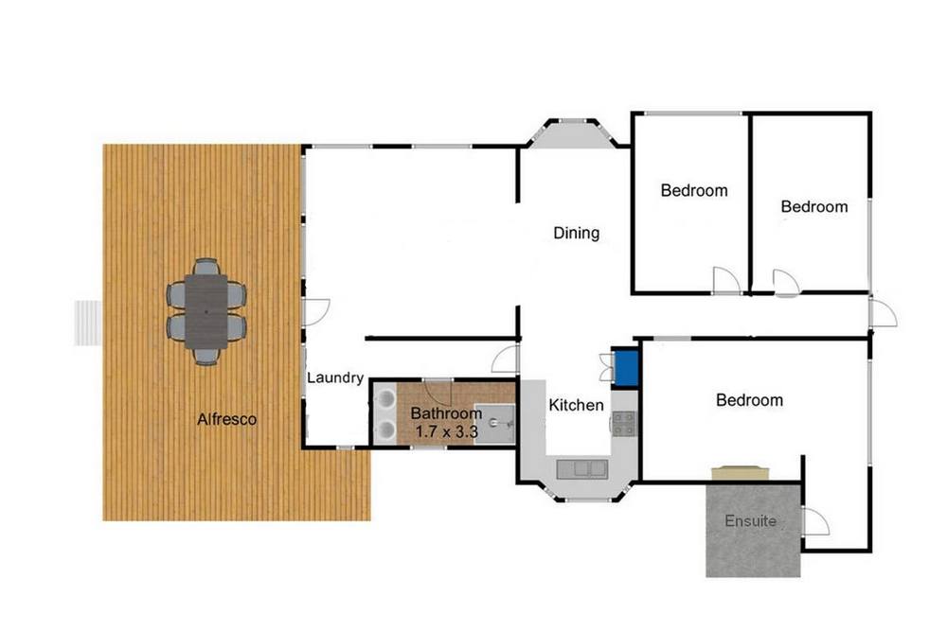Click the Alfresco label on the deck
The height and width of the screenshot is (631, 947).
[226, 419]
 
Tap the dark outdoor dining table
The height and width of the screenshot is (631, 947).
[205, 311]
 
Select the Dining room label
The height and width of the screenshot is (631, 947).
[576, 233]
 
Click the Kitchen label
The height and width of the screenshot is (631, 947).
[576, 405]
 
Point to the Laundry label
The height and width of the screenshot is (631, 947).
[335, 377]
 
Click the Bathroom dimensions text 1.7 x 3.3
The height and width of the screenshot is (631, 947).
[447, 432]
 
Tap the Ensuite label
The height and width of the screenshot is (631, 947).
[750, 520]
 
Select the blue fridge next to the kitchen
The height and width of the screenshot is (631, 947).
[626, 366]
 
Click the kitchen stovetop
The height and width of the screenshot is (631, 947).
[624, 423]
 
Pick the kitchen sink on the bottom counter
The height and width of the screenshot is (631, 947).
[582, 468]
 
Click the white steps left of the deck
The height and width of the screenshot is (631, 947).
[88, 323]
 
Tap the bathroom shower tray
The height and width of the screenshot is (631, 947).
[494, 424]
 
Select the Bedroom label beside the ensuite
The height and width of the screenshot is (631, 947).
[749, 400]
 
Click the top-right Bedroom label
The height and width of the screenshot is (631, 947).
[814, 207]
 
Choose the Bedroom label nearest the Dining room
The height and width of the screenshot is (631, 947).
[694, 191]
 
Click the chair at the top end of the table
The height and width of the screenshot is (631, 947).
[205, 267]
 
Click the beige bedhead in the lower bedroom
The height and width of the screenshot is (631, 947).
[742, 472]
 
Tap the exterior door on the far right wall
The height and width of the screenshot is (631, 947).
[883, 311]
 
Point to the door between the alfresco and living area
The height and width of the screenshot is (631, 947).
[315, 311]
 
